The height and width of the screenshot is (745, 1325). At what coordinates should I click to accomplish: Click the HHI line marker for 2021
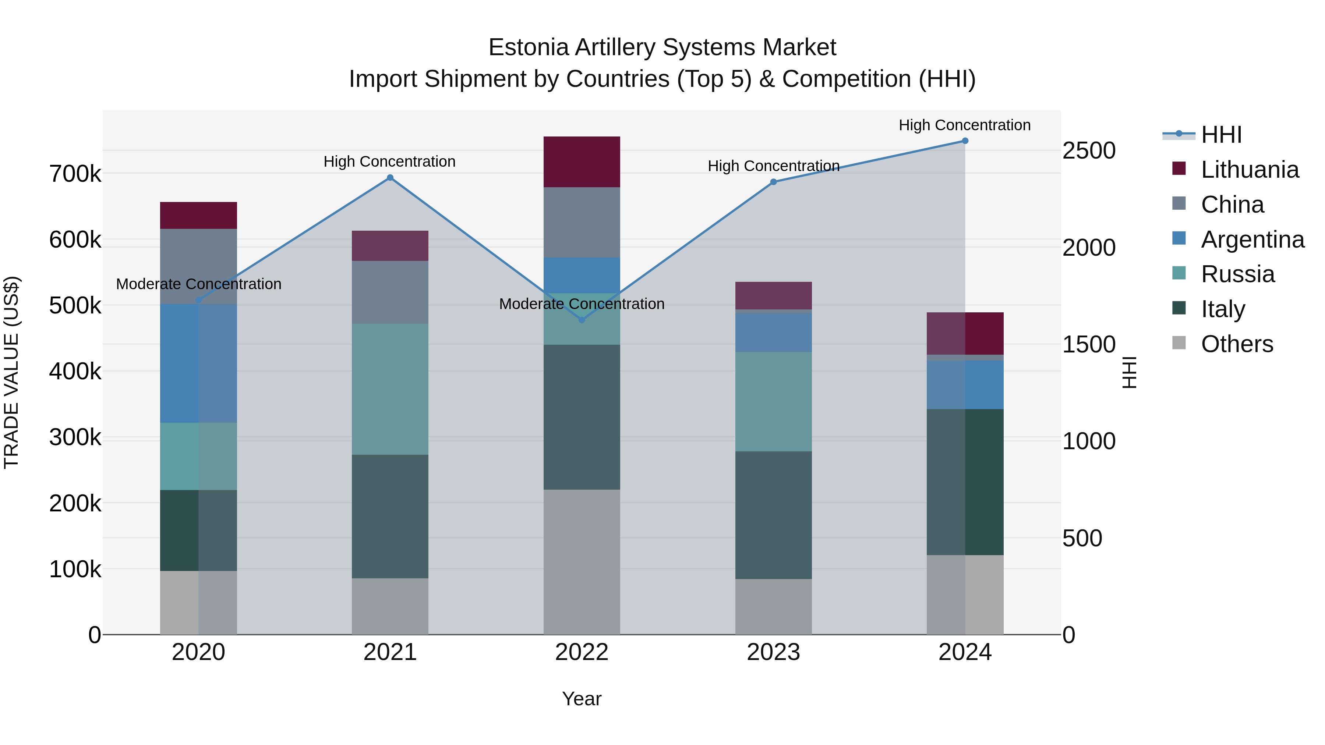click(x=390, y=178)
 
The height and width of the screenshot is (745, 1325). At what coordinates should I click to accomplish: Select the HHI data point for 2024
click(x=965, y=141)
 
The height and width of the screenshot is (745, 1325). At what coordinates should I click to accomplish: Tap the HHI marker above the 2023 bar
click(x=773, y=182)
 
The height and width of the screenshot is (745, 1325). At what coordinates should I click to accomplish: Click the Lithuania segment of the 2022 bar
click(x=582, y=162)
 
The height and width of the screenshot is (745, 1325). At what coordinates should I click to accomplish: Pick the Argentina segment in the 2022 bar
click(x=582, y=275)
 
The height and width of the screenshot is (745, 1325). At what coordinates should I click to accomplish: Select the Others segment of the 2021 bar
click(x=390, y=606)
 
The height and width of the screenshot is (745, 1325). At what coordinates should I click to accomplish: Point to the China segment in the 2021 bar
click(x=390, y=292)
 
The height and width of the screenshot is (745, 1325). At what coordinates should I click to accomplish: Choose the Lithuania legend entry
click(x=1250, y=170)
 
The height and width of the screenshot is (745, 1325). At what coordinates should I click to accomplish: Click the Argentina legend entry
click(x=1252, y=240)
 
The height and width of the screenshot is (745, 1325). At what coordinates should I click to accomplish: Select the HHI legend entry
click(x=1221, y=135)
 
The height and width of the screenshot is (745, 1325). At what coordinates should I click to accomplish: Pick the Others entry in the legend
click(x=1237, y=344)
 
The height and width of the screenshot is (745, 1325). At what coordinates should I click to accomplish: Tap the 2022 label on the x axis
click(x=582, y=652)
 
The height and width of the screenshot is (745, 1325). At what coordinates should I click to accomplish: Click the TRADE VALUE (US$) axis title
click(x=11, y=372)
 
